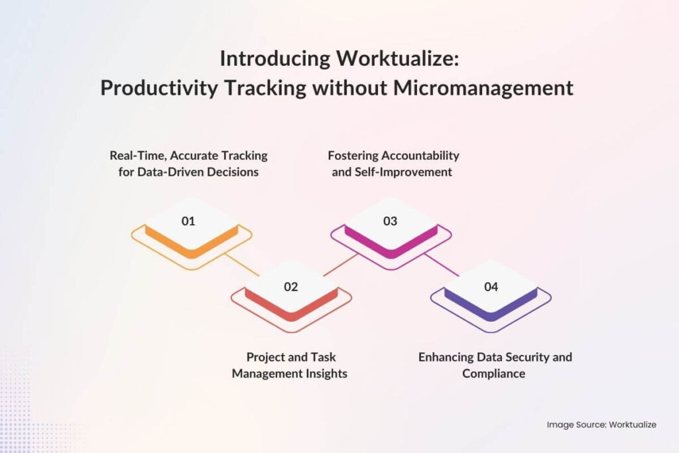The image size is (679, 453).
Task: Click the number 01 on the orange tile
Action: [x=188, y=221]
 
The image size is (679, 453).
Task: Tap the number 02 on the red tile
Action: [x=290, y=287]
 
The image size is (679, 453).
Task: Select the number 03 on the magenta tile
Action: [x=391, y=221]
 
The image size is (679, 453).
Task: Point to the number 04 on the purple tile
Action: [x=491, y=287]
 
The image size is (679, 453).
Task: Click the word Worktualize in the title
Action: [x=397, y=59]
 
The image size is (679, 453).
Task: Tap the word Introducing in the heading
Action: [x=274, y=59]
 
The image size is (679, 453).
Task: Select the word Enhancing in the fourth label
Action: [x=446, y=357]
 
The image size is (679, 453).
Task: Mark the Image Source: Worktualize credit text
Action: [x=601, y=424]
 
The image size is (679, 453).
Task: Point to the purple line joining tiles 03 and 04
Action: [x=442, y=265]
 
